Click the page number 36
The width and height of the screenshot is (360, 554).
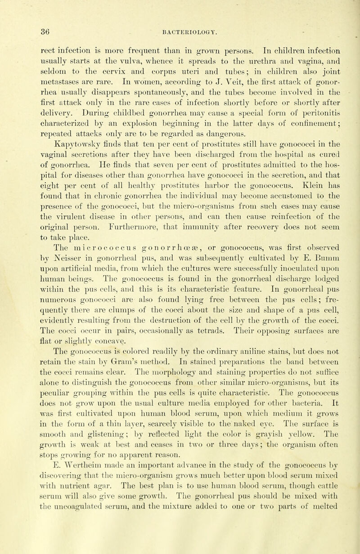pos(20,19)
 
